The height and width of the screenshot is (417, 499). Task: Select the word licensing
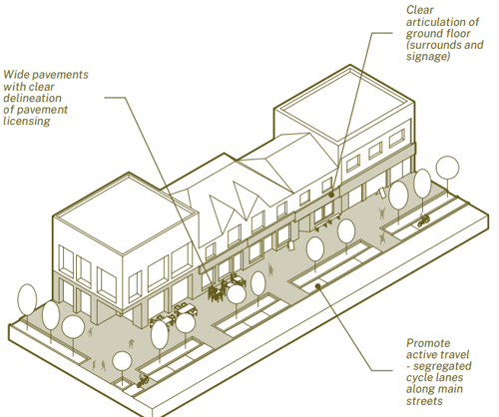point(27,121)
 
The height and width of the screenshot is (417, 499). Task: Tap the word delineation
point(32,98)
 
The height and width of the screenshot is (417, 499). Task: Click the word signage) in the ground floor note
point(428,57)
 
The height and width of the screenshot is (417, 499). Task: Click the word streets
point(424,401)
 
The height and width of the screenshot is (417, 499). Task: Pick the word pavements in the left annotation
point(61,75)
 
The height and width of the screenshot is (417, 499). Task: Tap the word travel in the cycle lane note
point(453,355)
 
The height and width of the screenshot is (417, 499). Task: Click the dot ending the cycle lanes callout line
point(318,285)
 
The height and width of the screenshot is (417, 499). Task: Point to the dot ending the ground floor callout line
point(331,195)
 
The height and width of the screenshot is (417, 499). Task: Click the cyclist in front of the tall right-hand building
point(423,220)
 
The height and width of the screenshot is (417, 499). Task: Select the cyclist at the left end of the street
point(143,381)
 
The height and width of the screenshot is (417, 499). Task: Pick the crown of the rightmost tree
point(447,168)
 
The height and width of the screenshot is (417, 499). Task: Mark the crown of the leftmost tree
point(27,299)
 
